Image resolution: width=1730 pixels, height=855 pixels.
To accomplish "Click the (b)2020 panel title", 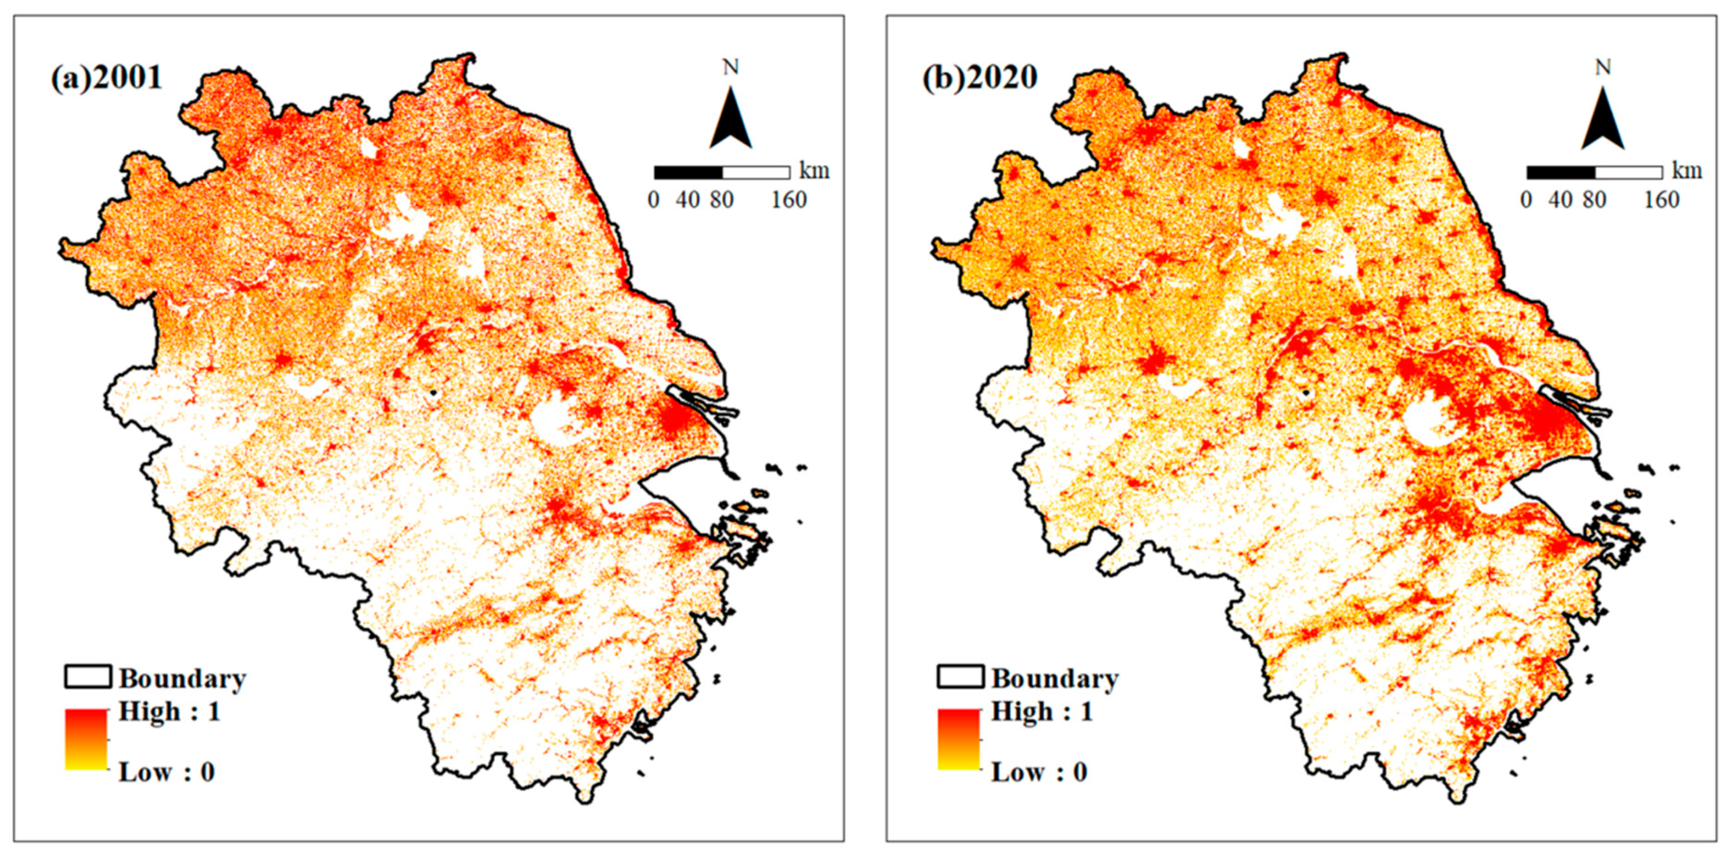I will tap(980, 79).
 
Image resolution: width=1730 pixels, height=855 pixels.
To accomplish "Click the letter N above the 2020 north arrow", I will tap(1603, 67).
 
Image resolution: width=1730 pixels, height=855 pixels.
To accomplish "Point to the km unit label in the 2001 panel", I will tap(814, 171).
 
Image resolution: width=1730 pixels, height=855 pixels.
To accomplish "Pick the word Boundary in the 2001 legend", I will tap(183, 679).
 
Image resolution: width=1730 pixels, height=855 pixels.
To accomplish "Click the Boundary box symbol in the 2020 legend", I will tap(960, 677).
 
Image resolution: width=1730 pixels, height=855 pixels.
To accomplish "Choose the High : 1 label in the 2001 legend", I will tap(169, 712).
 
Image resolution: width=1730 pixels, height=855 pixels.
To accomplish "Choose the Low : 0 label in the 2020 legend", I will tap(1039, 772).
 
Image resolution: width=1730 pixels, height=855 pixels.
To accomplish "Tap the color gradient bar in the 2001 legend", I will tap(86, 739).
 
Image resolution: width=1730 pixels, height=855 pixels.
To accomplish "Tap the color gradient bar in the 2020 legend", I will tap(958, 739).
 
